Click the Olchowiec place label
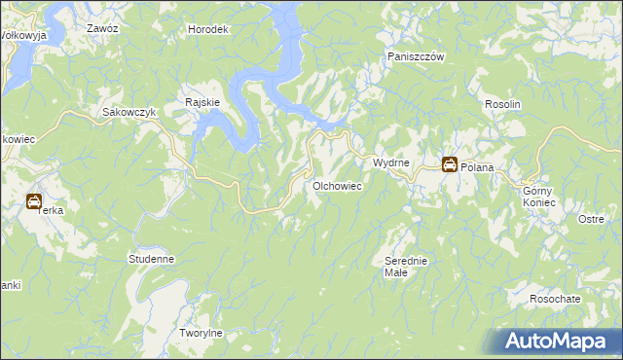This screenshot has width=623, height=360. (337, 185)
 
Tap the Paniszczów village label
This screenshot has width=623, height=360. (416, 57)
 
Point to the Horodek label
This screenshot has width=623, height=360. (208, 29)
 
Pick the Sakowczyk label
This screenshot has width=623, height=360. (129, 112)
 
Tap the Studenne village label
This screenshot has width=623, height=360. (151, 260)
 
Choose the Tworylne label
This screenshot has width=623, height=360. (202, 333)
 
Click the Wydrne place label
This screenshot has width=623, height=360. (390, 162)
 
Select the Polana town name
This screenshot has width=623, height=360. (478, 167)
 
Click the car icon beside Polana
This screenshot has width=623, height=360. (450, 165)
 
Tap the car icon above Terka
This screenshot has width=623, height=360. (34, 202)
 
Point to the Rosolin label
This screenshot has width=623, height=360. (503, 104)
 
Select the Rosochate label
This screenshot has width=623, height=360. (555, 299)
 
